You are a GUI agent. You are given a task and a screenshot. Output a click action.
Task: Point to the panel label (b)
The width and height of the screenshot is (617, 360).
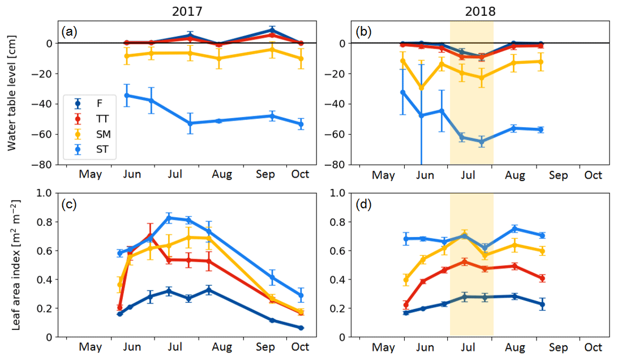coord(363,32)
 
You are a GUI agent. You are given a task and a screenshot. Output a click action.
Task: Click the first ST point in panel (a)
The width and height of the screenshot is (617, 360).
coord(127,95)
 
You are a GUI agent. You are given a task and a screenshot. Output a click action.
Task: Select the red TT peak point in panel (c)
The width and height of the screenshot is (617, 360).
coord(151,235)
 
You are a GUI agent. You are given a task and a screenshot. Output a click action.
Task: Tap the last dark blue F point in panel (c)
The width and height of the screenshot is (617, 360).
coord(301,328)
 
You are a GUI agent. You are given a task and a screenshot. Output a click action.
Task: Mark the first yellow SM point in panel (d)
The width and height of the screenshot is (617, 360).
coord(405,280)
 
